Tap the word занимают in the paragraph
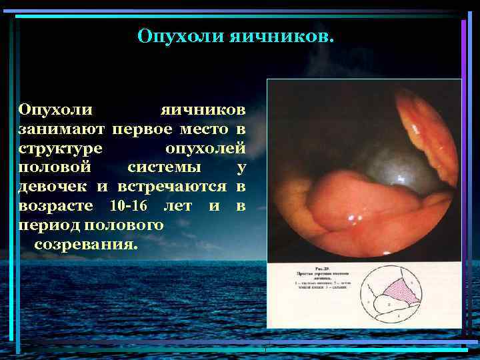[61, 127]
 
